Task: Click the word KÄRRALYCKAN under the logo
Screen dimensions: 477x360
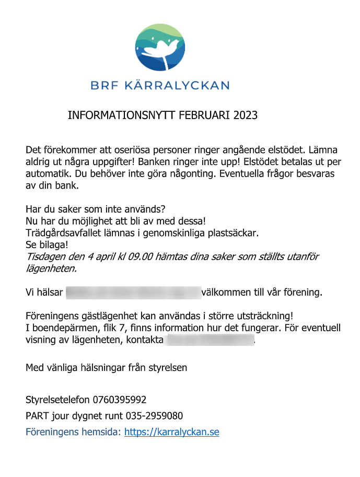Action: (x=177, y=85)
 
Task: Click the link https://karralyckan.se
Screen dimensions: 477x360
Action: (x=172, y=432)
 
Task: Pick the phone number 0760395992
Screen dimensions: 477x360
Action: (x=120, y=400)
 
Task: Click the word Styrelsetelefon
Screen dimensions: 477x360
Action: (x=58, y=400)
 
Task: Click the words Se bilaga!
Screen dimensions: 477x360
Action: (x=47, y=244)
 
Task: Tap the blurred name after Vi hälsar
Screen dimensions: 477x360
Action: (x=133, y=292)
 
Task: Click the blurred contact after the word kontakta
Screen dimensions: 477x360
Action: (x=209, y=341)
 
